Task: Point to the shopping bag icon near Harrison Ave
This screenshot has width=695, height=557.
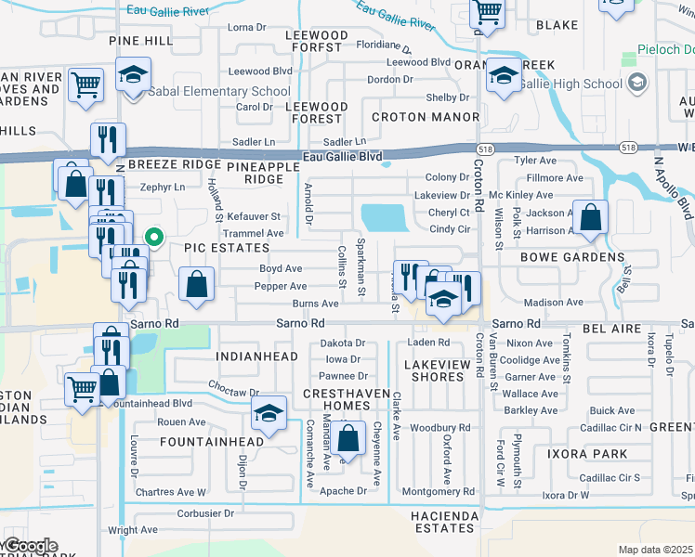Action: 590,219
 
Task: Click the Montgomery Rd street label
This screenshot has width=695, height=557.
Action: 442,491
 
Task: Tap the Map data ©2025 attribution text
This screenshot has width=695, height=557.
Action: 655,550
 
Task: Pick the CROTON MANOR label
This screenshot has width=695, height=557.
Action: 426,117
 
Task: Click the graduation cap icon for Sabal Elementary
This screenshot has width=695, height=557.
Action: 134,74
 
